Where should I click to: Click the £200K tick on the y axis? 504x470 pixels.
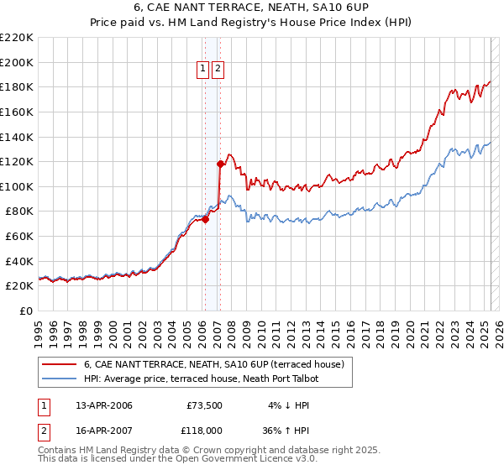[17, 62]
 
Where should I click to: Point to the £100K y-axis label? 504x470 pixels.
[17, 186]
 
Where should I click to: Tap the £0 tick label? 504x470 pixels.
[26, 311]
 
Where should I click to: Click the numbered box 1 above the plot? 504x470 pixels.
[203, 69]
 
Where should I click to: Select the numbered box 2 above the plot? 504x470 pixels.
[218, 69]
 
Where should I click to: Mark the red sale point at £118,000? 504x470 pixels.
[220, 164]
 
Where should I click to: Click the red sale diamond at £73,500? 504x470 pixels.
[205, 220]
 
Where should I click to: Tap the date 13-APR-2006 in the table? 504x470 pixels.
[104, 406]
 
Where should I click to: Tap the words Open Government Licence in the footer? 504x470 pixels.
[235, 459]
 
